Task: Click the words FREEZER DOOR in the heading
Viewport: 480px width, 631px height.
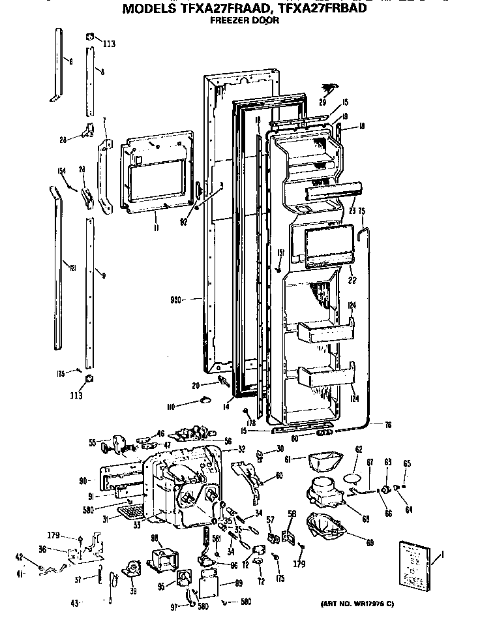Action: [x=245, y=20]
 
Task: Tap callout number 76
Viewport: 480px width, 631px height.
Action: [x=387, y=425]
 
